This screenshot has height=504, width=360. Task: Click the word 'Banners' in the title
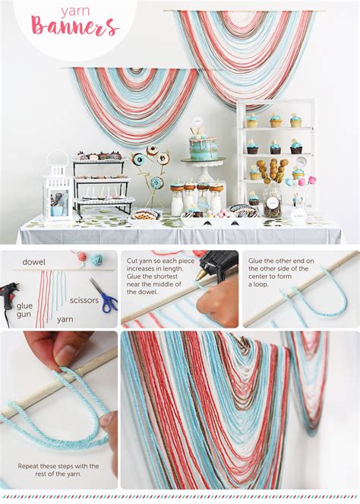(x=74, y=27)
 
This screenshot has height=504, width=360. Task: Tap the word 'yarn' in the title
(x=74, y=11)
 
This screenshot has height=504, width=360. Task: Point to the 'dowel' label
(x=33, y=262)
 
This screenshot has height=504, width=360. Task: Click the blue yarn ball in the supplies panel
(x=96, y=259)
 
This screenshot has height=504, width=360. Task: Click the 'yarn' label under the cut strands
(x=65, y=319)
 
